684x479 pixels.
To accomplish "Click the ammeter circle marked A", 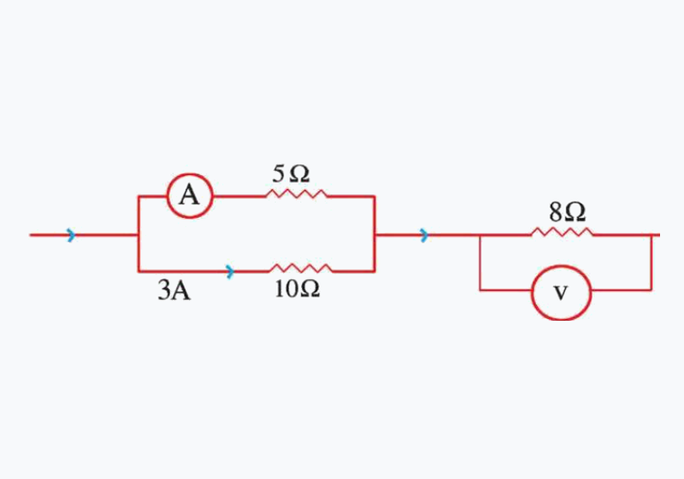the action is pyautogui.click(x=190, y=174).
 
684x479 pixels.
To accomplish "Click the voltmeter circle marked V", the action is pyautogui.click(x=561, y=266).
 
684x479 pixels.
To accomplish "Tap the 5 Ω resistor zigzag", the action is pyautogui.click(x=297, y=194).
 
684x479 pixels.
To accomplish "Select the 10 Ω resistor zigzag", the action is pyautogui.click(x=301, y=268).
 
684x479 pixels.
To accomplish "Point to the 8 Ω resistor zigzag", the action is pyautogui.click(x=563, y=233).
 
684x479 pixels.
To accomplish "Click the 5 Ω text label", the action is pyautogui.click(x=291, y=174).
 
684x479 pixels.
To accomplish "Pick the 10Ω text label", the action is pyautogui.click(x=297, y=289).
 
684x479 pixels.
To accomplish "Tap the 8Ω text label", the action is pyautogui.click(x=567, y=213).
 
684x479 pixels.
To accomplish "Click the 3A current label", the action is pyautogui.click(x=174, y=291).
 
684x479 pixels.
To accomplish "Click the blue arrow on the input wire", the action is pyautogui.click(x=71, y=235).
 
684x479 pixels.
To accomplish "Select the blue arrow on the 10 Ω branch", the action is pyautogui.click(x=230, y=272).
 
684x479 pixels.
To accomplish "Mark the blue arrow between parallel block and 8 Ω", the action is pyautogui.click(x=424, y=235).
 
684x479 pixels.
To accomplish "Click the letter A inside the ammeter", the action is pyautogui.click(x=189, y=195).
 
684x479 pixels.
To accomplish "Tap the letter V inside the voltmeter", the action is pyautogui.click(x=561, y=293).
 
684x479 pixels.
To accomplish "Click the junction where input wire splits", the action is pyautogui.click(x=139, y=235).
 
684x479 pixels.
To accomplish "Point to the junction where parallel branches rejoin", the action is pyautogui.click(x=374, y=235).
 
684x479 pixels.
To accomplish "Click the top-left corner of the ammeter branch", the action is pyautogui.click(x=139, y=197).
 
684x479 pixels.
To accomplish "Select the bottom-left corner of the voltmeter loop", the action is pyautogui.click(x=481, y=290).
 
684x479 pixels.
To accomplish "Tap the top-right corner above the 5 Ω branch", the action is pyautogui.click(x=374, y=197).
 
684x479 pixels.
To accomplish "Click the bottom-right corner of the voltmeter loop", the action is pyautogui.click(x=652, y=290).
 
